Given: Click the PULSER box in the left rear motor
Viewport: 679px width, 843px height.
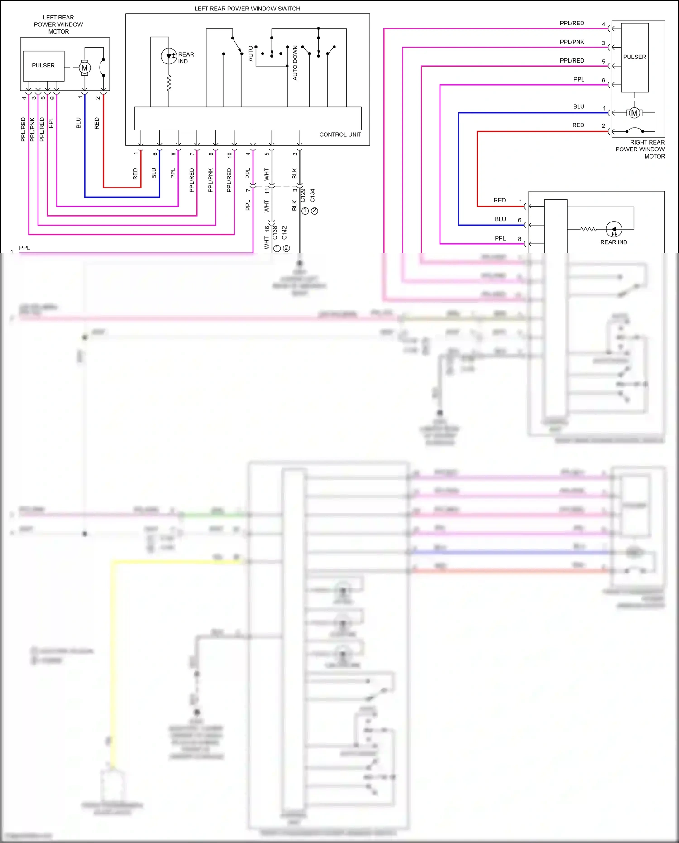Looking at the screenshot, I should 43,66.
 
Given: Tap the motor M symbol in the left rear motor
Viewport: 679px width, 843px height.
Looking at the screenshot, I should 84,68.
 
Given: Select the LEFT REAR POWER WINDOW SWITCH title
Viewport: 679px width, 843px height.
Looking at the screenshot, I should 247,9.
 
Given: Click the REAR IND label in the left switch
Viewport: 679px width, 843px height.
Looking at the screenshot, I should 186,58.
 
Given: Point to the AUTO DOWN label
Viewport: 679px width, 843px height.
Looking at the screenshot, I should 296,63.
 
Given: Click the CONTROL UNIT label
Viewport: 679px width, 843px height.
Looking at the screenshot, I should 340,135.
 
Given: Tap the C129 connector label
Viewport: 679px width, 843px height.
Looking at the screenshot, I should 303,195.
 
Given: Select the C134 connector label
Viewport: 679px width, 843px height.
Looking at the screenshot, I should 312,195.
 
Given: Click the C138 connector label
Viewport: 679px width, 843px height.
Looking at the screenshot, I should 275,233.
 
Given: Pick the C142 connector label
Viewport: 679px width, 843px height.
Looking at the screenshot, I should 284,233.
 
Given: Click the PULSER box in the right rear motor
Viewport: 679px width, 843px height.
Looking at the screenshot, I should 635,57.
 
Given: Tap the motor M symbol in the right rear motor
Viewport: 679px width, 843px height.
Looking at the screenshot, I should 634,113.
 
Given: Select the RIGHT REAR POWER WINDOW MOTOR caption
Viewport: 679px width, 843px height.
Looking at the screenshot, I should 641,149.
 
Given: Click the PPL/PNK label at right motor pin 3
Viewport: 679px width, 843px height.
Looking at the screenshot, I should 572,42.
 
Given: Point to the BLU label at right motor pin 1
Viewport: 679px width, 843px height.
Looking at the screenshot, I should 579,106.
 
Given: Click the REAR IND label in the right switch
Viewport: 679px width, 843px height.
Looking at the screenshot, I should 613,242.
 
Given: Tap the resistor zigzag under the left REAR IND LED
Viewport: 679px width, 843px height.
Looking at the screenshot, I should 169,83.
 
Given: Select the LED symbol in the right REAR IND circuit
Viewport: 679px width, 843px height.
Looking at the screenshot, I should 614,230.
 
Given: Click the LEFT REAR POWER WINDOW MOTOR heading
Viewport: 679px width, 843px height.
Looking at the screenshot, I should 58,24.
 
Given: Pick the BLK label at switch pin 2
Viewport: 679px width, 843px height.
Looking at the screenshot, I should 295,173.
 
